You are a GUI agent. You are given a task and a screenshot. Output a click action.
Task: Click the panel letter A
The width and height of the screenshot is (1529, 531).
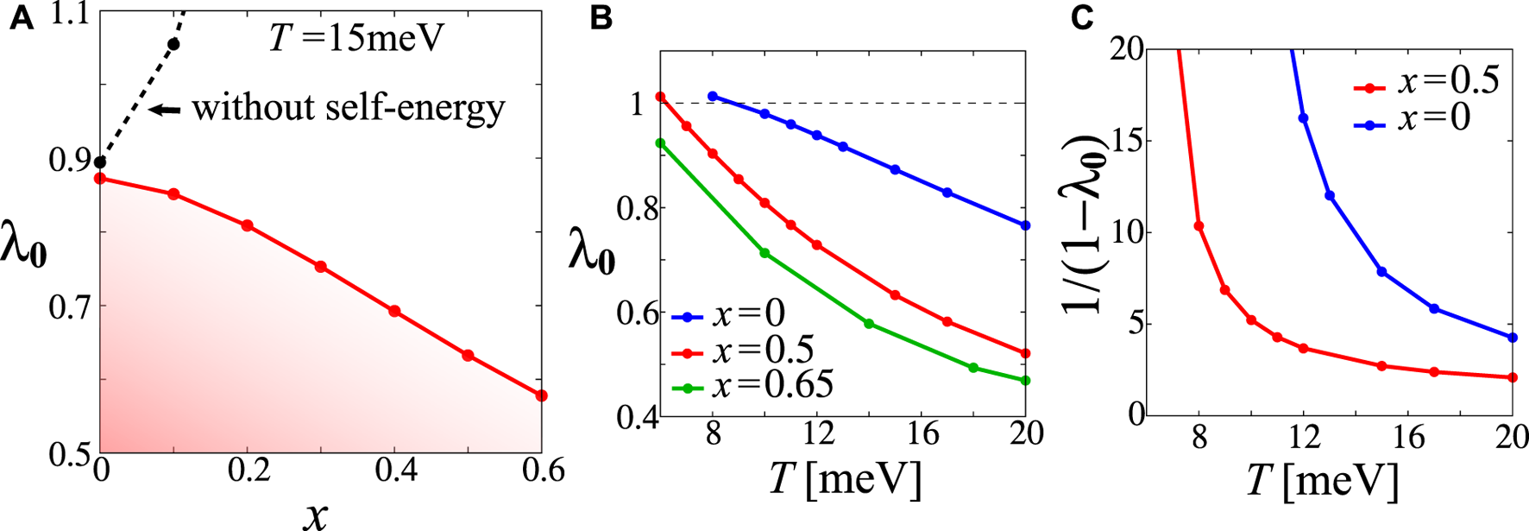[x=22, y=20]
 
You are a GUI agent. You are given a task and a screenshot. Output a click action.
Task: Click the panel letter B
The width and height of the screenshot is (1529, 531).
[x=601, y=20]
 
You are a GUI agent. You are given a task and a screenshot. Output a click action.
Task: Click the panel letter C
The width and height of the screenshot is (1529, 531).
[x=1083, y=20]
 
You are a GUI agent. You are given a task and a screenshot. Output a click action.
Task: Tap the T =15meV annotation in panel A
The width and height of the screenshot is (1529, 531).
[x=356, y=38]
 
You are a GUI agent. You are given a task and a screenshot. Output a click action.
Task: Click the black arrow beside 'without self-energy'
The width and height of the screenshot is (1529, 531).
[x=166, y=109]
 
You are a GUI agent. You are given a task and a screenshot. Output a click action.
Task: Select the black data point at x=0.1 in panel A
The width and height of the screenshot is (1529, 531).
[x=173, y=44]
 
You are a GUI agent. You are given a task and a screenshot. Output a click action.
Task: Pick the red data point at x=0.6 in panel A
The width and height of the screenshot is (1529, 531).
[x=541, y=395]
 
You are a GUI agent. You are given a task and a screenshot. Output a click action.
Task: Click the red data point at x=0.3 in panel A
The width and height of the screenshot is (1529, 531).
[x=321, y=267]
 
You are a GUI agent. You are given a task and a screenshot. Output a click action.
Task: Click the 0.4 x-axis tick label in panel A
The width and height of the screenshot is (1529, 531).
[x=394, y=471]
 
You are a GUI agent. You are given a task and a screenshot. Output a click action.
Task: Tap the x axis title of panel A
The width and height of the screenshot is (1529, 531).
[x=316, y=514]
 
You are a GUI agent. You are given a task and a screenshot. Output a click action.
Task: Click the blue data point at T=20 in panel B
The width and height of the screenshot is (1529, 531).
[x=1025, y=225]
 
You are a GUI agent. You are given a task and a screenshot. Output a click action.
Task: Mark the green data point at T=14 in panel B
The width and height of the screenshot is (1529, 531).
[x=869, y=324]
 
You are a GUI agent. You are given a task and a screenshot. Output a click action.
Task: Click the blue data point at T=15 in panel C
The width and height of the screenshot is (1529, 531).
[x=1381, y=272]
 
